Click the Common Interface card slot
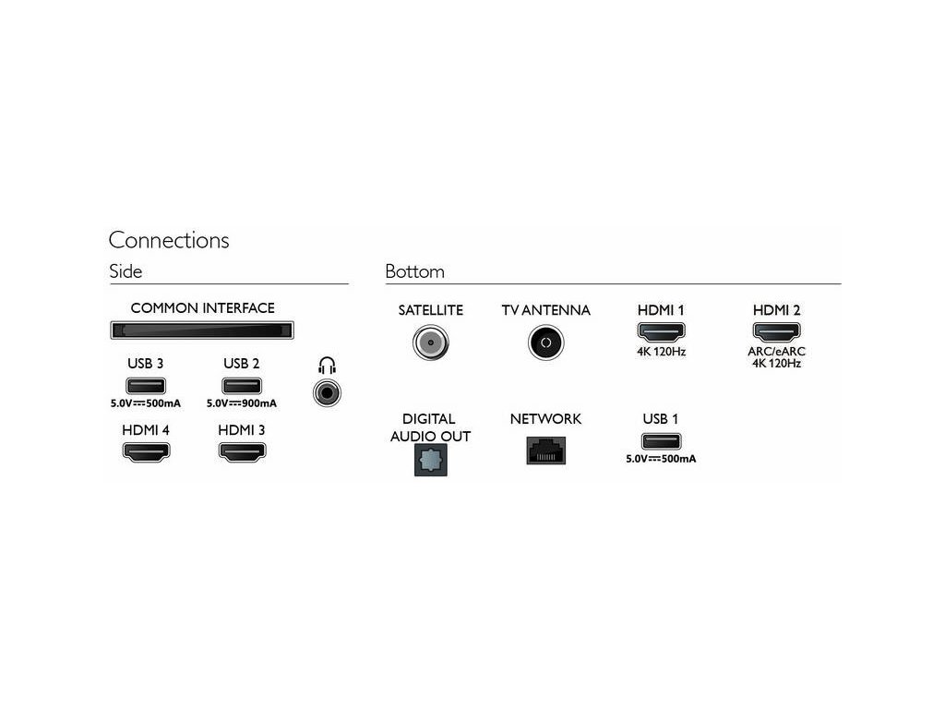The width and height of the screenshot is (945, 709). click(202, 330)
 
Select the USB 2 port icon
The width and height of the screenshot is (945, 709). click(242, 386)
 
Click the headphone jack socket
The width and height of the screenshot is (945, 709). click(327, 394)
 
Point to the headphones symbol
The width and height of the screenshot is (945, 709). click(327, 366)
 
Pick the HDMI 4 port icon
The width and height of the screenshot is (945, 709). click(146, 452)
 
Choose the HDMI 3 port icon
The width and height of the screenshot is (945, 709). click(242, 452)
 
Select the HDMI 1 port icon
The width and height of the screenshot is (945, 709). click(661, 331)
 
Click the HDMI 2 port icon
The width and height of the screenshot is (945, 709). click(776, 331)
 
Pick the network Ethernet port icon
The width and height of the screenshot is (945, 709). click(545, 451)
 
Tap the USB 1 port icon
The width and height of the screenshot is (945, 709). click(661, 440)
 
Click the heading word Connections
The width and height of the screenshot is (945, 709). click(169, 240)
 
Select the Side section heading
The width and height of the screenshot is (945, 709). click(126, 271)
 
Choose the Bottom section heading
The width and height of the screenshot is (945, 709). click(414, 271)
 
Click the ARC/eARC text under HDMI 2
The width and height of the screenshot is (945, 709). click(776, 351)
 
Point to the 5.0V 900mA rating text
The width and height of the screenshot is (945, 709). click(242, 403)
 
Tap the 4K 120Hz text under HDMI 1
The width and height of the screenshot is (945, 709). click(661, 352)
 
